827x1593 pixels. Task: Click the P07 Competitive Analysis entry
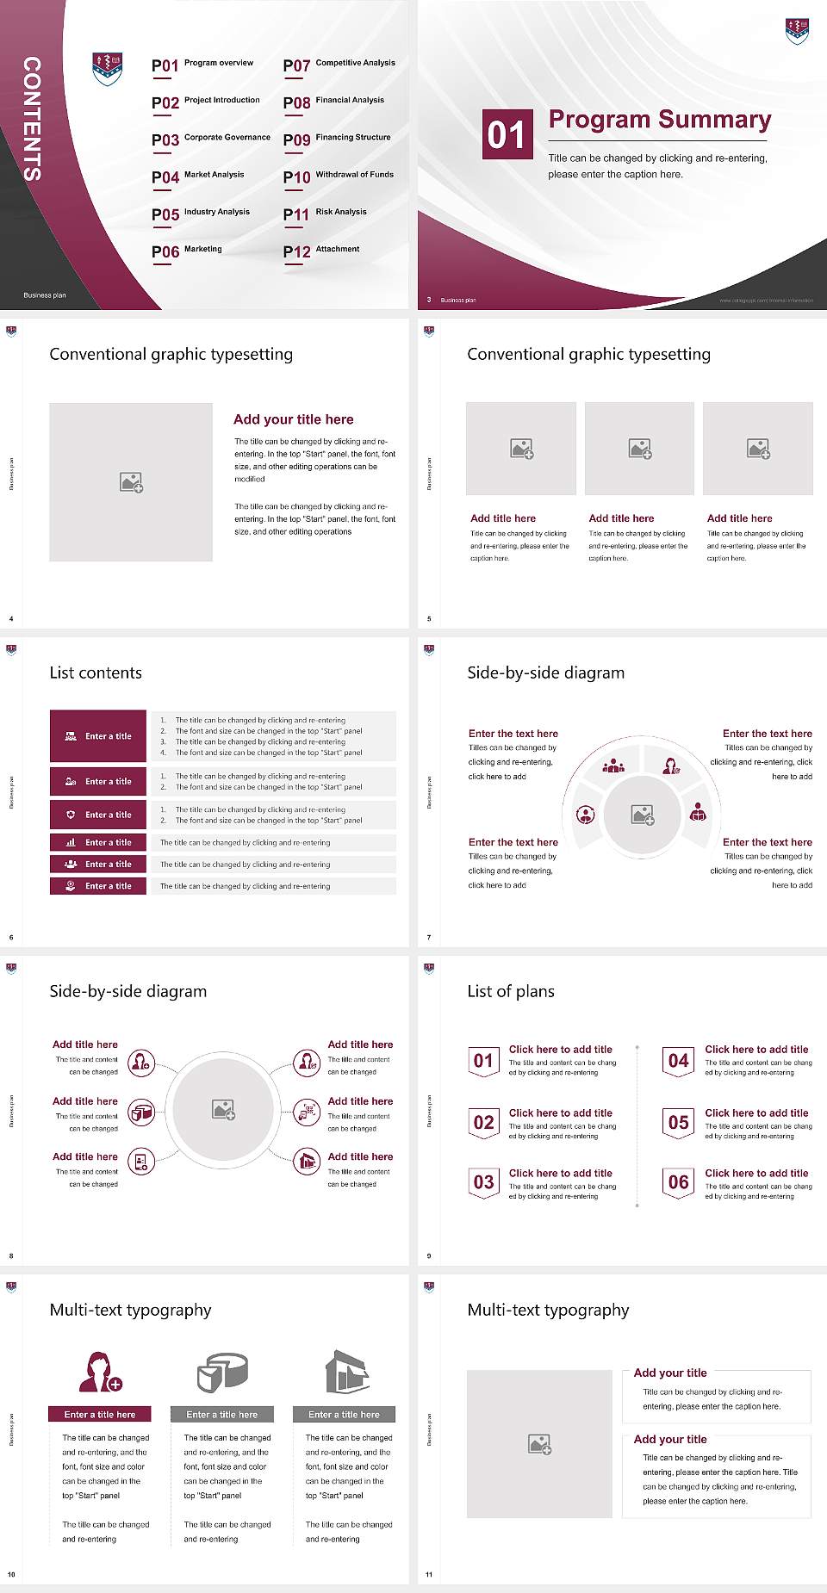tap(339, 65)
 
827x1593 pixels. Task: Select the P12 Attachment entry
tap(321, 251)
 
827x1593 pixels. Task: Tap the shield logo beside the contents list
tap(107, 69)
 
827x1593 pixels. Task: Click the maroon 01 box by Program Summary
tap(507, 134)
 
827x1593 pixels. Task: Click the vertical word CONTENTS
tap(32, 119)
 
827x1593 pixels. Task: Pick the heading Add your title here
tap(293, 419)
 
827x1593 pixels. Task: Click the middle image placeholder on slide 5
tap(639, 449)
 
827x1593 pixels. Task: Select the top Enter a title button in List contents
tap(98, 736)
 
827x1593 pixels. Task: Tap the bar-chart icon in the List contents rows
tap(71, 842)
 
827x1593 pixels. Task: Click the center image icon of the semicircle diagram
tap(643, 815)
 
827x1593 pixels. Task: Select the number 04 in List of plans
tap(679, 1061)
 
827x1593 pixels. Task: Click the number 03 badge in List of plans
tap(484, 1182)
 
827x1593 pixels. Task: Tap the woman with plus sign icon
tap(100, 1373)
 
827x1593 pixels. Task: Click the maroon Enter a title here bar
tap(100, 1414)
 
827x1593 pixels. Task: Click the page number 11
tap(429, 1575)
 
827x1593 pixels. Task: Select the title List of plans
tap(511, 991)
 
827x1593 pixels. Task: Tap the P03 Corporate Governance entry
tap(211, 139)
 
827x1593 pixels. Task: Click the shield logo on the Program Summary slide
tap(798, 31)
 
